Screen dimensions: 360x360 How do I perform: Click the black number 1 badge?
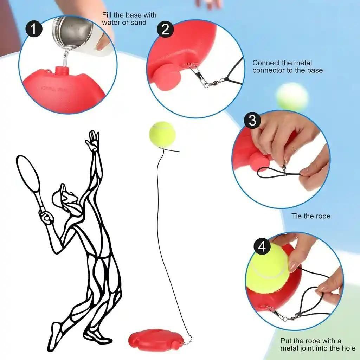[33, 30]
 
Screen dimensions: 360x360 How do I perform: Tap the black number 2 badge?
[165, 30]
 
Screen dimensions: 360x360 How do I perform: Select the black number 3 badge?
[252, 120]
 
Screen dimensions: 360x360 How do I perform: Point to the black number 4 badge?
[262, 247]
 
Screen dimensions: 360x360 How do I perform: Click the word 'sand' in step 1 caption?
[138, 22]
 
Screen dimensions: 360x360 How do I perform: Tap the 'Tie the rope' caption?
[311, 216]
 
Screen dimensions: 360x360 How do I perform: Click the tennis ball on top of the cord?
[162, 135]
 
